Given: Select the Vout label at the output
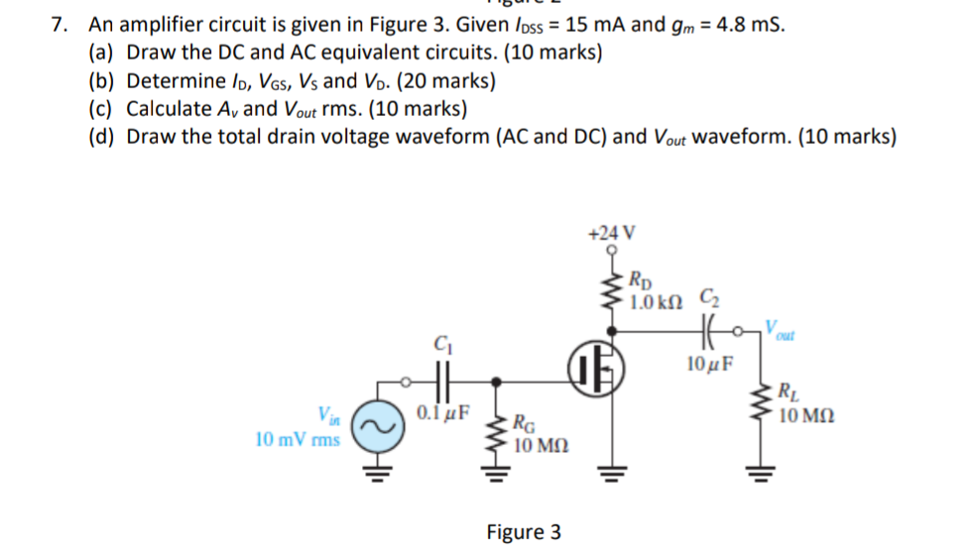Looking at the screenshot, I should (x=781, y=326).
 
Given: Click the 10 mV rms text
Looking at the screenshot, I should (x=297, y=438).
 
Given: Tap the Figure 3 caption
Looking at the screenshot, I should (x=523, y=532).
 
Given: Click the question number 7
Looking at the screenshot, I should (x=59, y=25).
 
